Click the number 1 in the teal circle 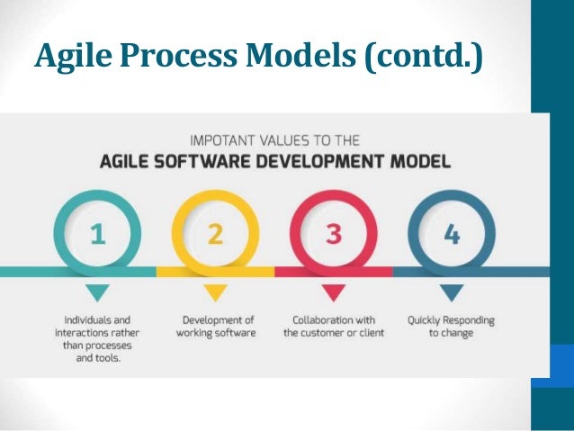click(x=97, y=235)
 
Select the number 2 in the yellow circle click(x=215, y=235)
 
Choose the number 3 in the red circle click(x=333, y=235)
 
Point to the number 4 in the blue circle click(x=452, y=235)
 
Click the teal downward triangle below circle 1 click(x=97, y=292)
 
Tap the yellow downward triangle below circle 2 click(x=215, y=292)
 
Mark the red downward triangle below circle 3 click(x=333, y=292)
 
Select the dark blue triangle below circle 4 click(x=451, y=292)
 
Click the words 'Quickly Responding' click(x=451, y=319)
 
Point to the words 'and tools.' click(x=96, y=358)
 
